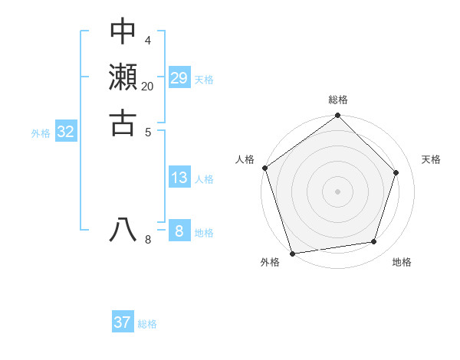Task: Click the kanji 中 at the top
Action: tap(123, 32)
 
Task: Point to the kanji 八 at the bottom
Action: tap(123, 229)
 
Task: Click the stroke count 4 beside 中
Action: tap(148, 40)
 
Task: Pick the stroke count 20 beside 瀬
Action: tap(148, 86)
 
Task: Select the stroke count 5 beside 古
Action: tap(148, 131)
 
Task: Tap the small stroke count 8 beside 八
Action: tap(148, 240)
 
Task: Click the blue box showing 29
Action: tap(179, 77)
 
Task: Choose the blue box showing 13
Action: tap(179, 178)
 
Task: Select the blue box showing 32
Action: tap(66, 132)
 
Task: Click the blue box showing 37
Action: tap(123, 322)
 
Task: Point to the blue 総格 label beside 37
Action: tap(148, 324)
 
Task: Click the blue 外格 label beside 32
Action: tap(41, 133)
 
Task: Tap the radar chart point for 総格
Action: tap(338, 116)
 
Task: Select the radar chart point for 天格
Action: tap(396, 172)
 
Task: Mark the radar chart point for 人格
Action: tap(265, 168)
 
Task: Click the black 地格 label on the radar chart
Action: tap(402, 262)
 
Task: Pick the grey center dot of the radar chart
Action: tap(338, 190)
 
